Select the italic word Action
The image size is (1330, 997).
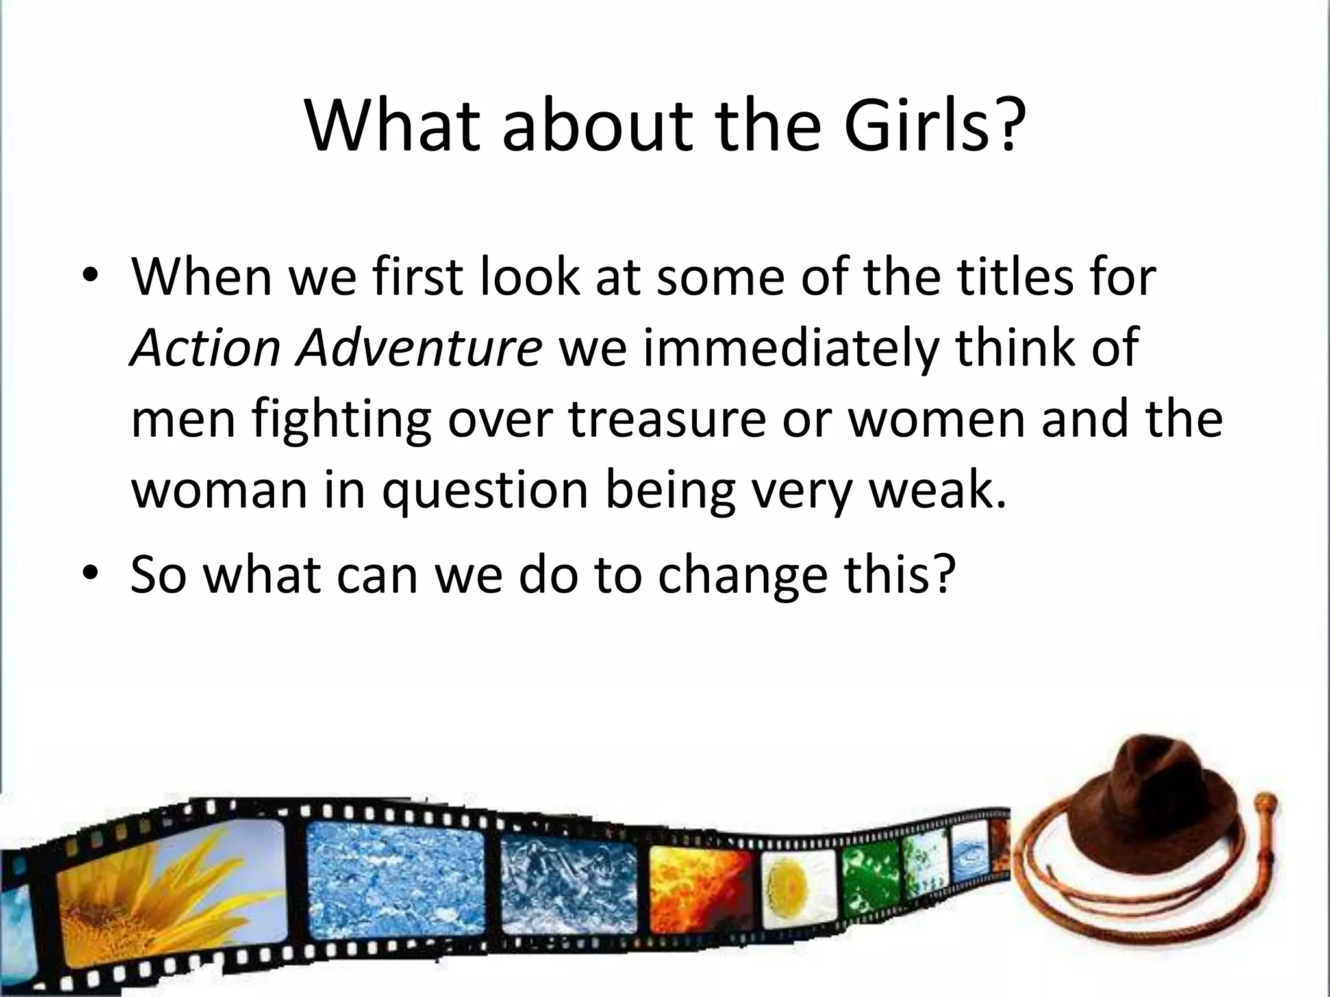point(205,347)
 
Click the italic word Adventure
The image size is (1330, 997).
point(419,347)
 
